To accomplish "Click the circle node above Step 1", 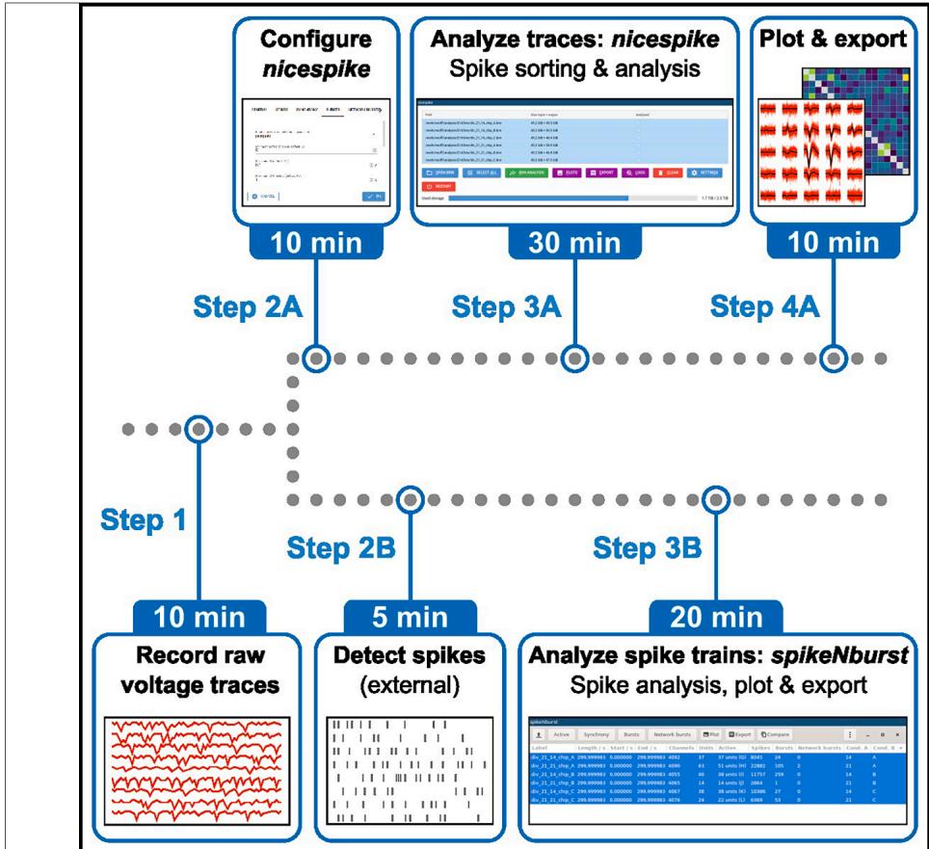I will [198, 429].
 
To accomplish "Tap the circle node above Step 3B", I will [714, 499].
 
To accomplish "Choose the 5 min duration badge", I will [410, 615].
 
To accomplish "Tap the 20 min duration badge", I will [715, 615].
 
